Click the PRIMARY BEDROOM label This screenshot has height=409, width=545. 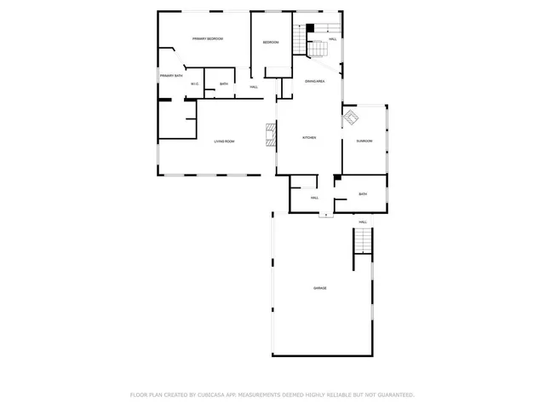[207, 39]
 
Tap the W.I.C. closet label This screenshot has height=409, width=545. [195, 84]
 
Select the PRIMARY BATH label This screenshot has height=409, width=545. [170, 76]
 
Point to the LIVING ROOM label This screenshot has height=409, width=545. [224, 141]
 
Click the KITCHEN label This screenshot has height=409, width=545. [310, 138]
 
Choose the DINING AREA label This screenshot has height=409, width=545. [315, 81]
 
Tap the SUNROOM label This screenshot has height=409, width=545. [364, 141]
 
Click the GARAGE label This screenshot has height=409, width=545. [319, 288]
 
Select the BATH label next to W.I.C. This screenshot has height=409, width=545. [223, 84]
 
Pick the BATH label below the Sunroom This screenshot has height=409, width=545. [363, 194]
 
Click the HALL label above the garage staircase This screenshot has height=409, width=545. [363, 222]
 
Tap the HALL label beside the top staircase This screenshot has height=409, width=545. [332, 39]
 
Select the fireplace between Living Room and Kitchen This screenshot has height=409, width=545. [271, 135]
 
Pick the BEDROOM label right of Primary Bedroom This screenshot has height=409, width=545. [271, 43]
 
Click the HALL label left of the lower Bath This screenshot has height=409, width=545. [314, 198]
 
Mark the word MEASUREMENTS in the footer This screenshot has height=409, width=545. [268, 395]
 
